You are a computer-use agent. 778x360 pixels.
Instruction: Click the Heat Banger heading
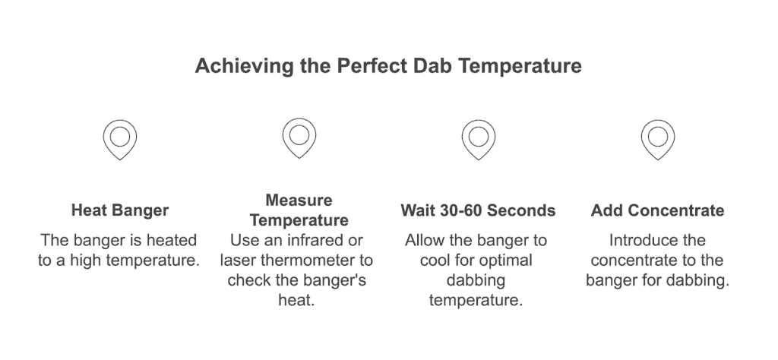(x=120, y=210)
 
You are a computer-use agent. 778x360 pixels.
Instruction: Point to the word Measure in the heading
(x=299, y=201)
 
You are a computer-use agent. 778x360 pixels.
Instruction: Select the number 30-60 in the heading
(x=463, y=210)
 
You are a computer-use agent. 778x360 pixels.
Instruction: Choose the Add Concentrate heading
(x=657, y=210)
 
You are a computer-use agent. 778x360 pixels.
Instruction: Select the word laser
(x=239, y=261)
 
